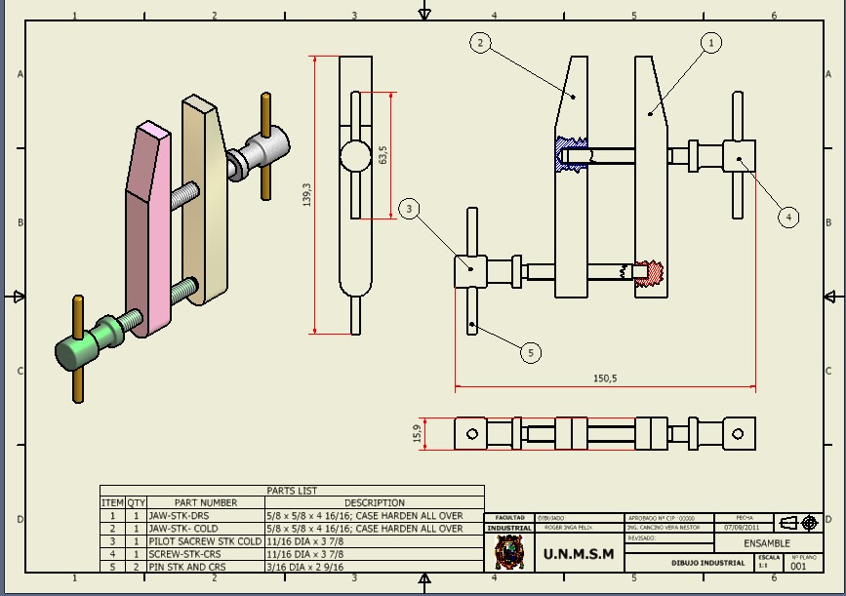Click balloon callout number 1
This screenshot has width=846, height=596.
point(711,43)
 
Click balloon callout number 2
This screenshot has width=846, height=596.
point(479,42)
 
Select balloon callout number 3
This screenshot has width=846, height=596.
point(410,208)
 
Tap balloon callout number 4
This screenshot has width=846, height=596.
point(788,217)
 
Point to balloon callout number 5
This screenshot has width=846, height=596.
point(530,352)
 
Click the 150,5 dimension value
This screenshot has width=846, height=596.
point(605,378)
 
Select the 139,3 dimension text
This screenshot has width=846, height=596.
point(307,195)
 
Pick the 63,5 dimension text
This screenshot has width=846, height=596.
point(383,155)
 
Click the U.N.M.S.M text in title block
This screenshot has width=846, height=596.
point(579,554)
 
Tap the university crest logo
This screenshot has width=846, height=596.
point(508,553)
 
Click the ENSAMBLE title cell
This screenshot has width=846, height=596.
point(766,543)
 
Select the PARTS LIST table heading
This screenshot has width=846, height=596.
point(292,491)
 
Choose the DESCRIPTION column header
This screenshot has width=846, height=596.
point(374,503)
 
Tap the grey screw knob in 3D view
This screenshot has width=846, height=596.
point(263,150)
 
